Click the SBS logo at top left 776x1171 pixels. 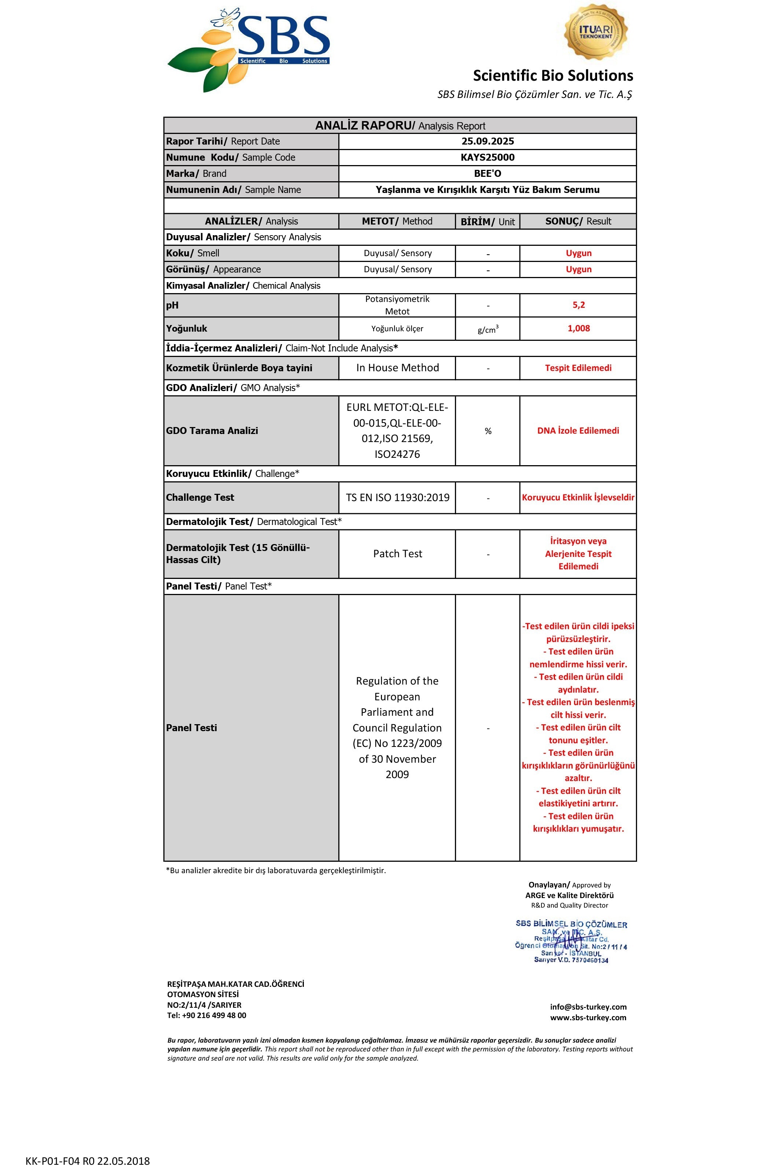pyautogui.click(x=249, y=50)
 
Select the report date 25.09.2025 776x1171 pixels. pyautogui.click(x=488, y=141)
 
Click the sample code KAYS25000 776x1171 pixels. pyautogui.click(x=488, y=157)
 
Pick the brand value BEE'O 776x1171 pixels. pyautogui.click(x=488, y=174)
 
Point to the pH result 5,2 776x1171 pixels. pyautogui.click(x=578, y=305)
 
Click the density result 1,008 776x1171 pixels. pyautogui.click(x=578, y=328)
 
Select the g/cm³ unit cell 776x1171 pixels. pyautogui.click(x=488, y=329)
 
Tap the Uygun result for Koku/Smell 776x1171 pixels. pyautogui.click(x=578, y=253)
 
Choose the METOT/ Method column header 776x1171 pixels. pyautogui.click(x=397, y=222)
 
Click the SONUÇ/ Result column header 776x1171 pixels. pyautogui.click(x=578, y=222)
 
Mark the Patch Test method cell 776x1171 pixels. pyautogui.click(x=397, y=554)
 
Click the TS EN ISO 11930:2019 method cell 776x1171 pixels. pyautogui.click(x=397, y=497)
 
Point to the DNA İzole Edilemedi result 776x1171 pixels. pyautogui.click(x=578, y=430)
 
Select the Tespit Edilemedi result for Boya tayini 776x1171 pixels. pyautogui.click(x=578, y=368)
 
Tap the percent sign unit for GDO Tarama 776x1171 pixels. pyautogui.click(x=488, y=431)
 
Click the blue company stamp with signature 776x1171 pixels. pyautogui.click(x=571, y=941)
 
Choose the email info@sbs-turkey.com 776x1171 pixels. pyautogui.click(x=588, y=1007)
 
